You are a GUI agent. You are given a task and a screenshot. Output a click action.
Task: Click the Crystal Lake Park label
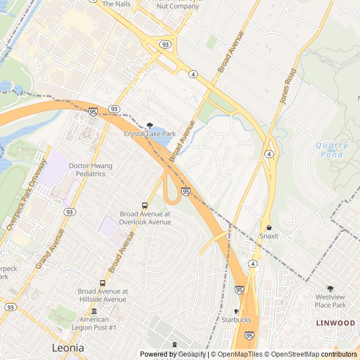coord(150,134)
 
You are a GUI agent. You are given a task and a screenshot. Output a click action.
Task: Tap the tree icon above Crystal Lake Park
coord(150,125)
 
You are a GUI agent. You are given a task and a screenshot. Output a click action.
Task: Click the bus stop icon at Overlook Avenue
coord(145,206)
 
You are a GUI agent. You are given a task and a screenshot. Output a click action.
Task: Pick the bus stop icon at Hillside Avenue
coord(102,283)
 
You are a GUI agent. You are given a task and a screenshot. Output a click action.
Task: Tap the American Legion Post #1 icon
coord(93,311)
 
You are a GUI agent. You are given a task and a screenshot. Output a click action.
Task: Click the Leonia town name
coord(68,348)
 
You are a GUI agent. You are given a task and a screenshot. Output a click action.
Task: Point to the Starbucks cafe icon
coord(236,312)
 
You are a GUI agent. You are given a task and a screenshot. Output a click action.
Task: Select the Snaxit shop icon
coord(269,228)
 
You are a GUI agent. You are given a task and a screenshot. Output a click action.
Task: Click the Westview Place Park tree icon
coord(330,289)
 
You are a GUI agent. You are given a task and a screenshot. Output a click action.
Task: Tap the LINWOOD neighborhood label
coord(335,323)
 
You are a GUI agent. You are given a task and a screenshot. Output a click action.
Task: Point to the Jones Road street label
coord(286,85)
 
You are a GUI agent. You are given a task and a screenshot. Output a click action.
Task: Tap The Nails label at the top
coord(115,4)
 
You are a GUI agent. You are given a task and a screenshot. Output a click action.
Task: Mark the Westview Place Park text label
coord(330,301)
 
